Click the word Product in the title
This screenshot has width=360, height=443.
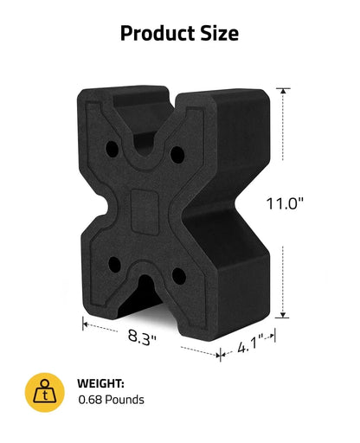click(157, 33)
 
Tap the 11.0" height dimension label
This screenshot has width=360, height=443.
click(285, 203)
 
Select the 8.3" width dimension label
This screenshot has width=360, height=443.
click(142, 337)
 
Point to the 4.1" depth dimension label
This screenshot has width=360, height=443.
click(251, 343)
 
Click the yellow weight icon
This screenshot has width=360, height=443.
click(45, 392)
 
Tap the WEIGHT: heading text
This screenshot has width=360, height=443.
click(100, 383)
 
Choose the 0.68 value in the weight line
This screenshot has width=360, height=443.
click(90, 400)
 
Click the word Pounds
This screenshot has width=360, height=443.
click(125, 400)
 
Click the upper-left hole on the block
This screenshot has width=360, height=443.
click(112, 149)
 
